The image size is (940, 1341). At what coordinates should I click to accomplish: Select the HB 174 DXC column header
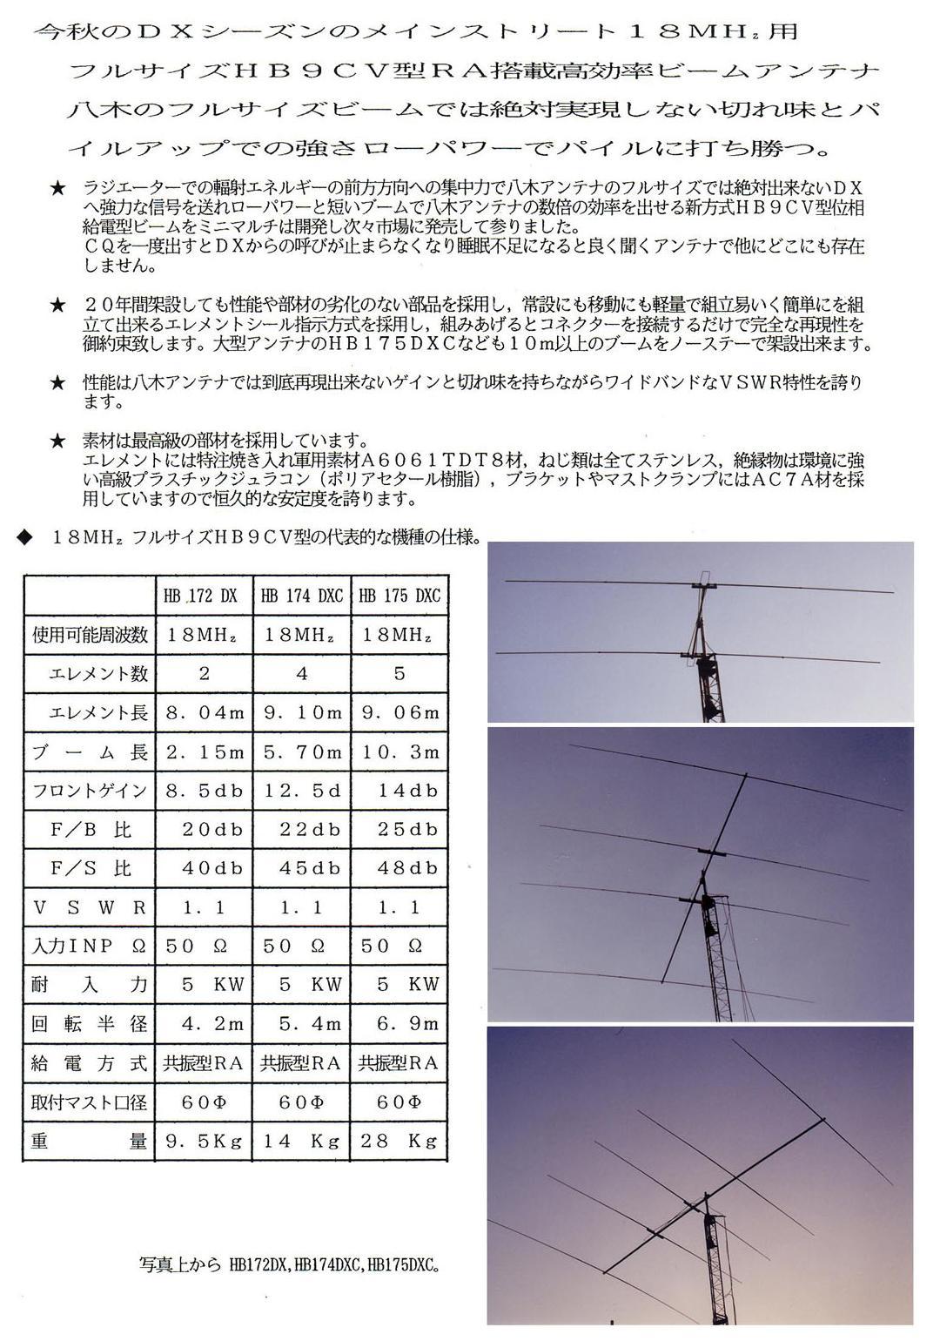301,596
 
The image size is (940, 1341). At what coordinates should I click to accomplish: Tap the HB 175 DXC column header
399,596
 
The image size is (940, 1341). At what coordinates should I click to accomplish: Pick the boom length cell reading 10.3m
399,751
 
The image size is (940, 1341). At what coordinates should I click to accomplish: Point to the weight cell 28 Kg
399,1141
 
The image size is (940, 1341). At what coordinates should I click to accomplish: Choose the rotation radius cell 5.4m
301,1023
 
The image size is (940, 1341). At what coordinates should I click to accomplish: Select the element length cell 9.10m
301,712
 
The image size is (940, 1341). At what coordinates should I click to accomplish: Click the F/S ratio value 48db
399,868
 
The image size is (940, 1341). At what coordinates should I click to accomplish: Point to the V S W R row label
90,907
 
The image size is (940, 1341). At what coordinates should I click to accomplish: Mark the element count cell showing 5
399,673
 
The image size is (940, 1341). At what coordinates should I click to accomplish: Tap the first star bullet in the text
58,188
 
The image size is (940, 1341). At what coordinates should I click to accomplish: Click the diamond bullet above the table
24,536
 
